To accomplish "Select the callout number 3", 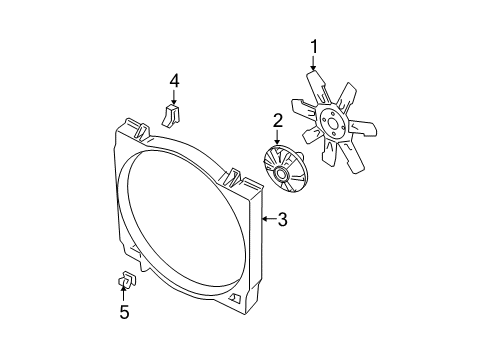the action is pos(283,219).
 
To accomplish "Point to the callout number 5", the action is pos(125,312).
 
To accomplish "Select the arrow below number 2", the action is pos(279,140).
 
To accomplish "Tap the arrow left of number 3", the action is pos(266,218).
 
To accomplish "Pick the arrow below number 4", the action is pos(173,100).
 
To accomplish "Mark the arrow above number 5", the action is pos(124,293).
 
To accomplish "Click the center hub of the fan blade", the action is pos(333,127).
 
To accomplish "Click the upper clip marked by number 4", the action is pos(171,116).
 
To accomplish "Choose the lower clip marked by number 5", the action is pos(127,279).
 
